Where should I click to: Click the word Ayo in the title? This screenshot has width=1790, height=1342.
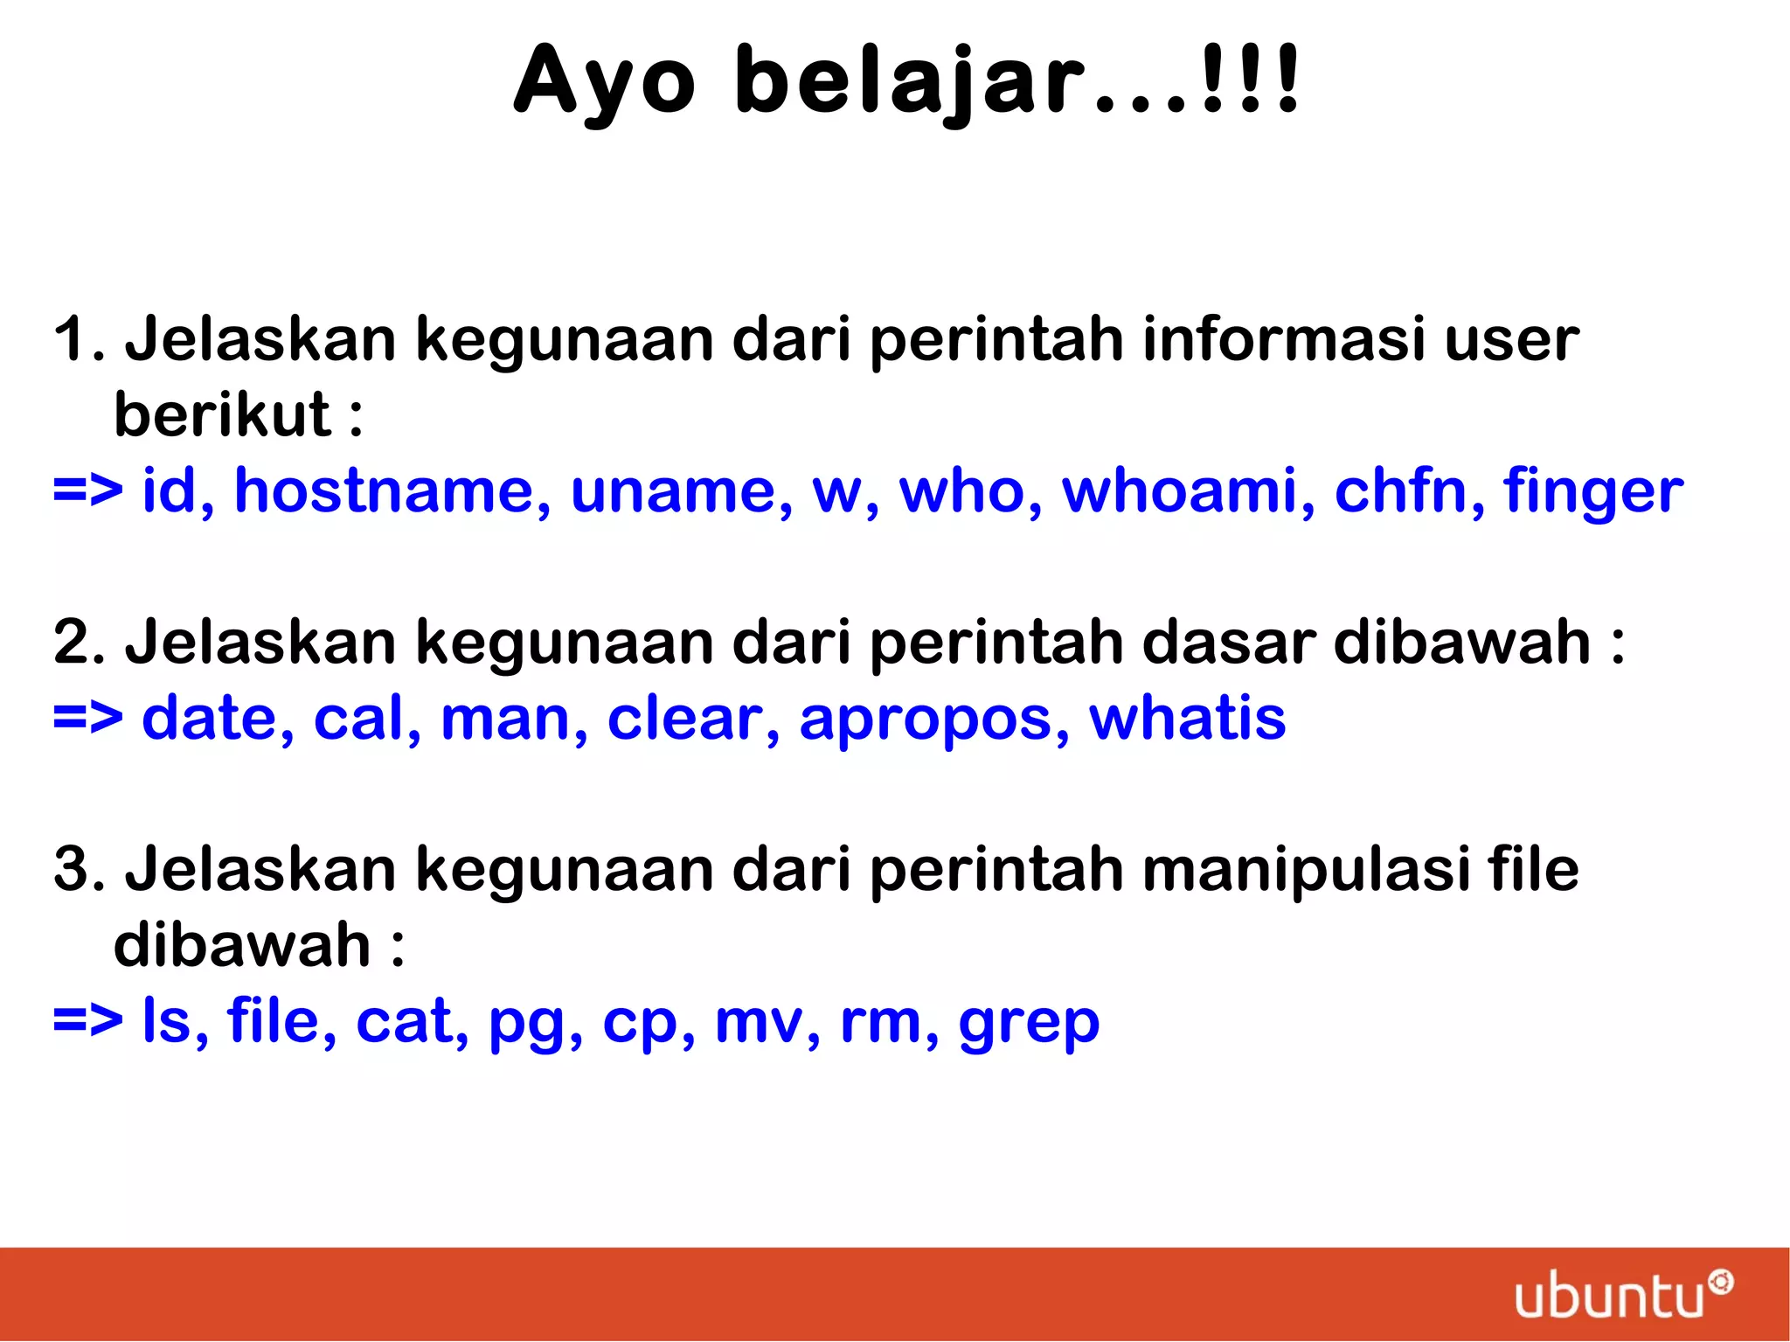click(x=604, y=81)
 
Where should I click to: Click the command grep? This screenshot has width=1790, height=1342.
click(x=1029, y=1023)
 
